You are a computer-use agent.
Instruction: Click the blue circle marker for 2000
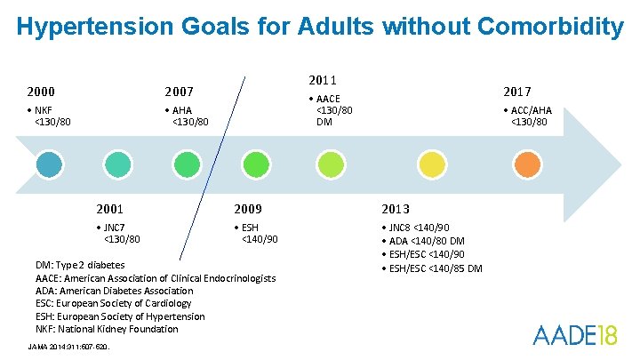50,164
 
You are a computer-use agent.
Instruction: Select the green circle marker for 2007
186,164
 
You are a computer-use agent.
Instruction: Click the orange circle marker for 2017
527,164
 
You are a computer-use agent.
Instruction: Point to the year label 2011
322,80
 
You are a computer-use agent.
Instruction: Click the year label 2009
247,210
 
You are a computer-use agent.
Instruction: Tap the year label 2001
110,210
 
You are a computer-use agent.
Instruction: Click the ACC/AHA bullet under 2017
527,116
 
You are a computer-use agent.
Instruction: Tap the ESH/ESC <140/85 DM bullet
436,268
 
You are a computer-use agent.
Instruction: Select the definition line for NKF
107,329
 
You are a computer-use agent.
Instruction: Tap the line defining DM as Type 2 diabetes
80,265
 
